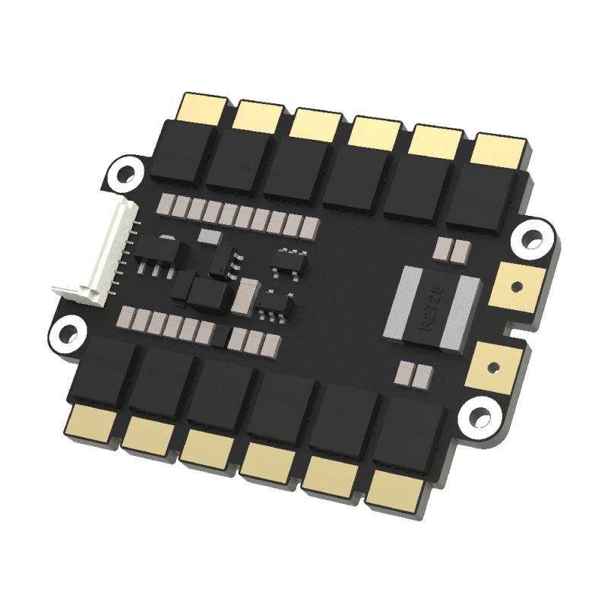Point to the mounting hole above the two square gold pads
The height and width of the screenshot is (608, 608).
532,239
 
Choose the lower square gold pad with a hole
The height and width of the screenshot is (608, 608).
497,365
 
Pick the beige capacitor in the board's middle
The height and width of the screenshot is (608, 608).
247,297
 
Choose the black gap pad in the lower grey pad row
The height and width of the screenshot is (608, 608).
220,334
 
